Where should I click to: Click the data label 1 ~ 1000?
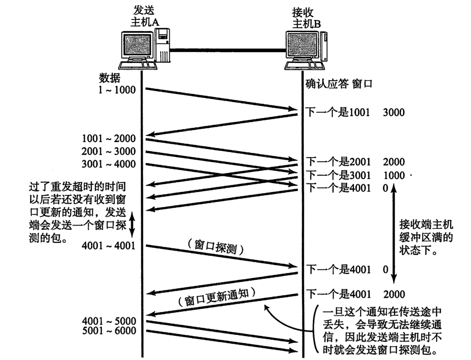click(117, 90)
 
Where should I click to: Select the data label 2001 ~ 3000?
click(108, 151)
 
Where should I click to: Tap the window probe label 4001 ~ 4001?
click(108, 245)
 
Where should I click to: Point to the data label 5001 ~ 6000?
click(109, 331)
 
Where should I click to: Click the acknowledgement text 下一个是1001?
click(338, 113)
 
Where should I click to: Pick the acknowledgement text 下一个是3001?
click(339, 175)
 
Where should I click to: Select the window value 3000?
click(394, 113)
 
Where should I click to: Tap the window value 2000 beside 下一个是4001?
click(394, 294)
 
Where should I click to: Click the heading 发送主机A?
click(144, 16)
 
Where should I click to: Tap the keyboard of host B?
click(304, 65)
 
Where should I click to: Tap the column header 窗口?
click(362, 84)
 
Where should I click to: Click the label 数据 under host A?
click(109, 78)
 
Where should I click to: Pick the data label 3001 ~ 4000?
click(108, 164)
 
